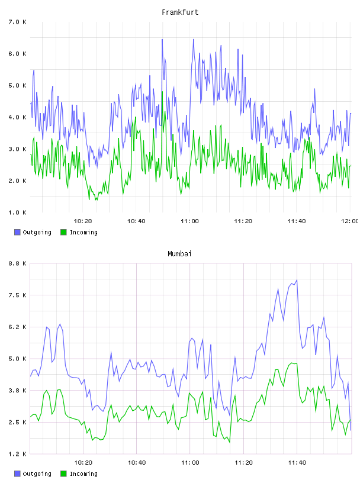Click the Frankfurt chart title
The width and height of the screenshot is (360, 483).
[180, 12]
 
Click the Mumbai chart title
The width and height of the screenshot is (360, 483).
[179, 254]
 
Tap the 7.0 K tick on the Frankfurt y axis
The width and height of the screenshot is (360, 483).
[17, 22]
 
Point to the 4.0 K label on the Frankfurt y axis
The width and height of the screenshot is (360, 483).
[17, 117]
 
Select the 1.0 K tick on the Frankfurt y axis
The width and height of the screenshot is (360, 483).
[17, 212]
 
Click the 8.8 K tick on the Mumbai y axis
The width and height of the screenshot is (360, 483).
[17, 263]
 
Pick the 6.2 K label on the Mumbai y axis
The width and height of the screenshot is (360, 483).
[17, 327]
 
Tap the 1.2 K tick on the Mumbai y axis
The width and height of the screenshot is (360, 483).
[17, 454]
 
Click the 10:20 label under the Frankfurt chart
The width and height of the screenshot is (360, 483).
[83, 221]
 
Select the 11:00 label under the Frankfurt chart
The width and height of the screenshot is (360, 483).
[189, 221]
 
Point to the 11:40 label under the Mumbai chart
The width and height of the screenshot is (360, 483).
[297, 463]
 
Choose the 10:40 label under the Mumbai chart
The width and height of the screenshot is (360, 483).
[137, 463]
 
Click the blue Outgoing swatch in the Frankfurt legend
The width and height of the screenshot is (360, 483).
[17, 232]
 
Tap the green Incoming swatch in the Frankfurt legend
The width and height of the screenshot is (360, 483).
[63, 232]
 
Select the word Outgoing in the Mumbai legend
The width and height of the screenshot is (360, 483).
[37, 474]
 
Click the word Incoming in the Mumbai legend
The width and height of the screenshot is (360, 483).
[83, 474]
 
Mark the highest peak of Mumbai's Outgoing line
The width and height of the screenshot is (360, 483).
[297, 280]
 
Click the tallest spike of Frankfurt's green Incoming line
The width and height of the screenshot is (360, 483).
[162, 92]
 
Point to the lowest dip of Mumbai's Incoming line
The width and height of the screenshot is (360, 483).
[230, 442]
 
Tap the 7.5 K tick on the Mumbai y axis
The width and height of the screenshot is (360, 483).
[17, 295]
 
